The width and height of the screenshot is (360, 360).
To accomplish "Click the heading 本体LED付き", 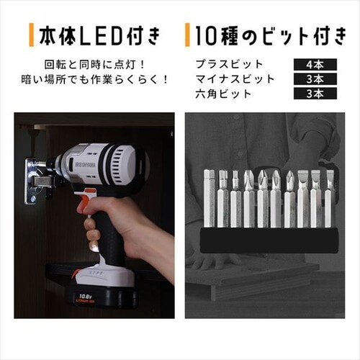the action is (99, 36).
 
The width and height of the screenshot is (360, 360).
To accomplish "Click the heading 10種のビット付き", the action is (270, 36).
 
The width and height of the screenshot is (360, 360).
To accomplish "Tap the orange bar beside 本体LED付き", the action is (31, 35).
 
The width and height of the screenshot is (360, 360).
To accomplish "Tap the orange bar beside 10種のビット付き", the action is (187, 35).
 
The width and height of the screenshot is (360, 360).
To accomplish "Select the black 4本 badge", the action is (315, 65).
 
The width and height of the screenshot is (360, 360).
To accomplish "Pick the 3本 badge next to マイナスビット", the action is (315, 79).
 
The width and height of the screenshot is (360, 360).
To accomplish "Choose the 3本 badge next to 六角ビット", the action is (315, 94).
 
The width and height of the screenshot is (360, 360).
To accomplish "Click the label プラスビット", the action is (229, 64).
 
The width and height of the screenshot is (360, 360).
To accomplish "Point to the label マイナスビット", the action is (235, 79).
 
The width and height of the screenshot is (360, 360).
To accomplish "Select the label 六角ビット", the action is (223, 94).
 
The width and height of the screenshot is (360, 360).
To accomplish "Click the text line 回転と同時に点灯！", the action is (95, 65).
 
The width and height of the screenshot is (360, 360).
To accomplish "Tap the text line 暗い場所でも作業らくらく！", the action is (95, 79).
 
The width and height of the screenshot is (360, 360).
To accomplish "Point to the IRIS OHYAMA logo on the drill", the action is (86, 166).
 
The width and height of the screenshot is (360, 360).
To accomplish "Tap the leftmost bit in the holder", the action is (209, 199).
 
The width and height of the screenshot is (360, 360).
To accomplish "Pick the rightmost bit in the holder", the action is (330, 199).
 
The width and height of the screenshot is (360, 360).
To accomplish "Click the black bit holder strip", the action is (269, 240).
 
